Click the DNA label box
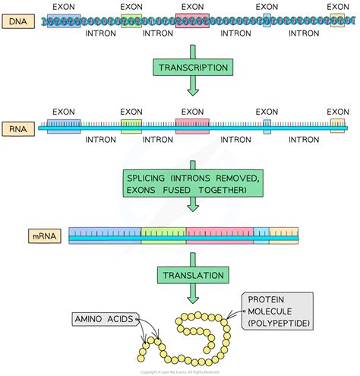pos(20,23)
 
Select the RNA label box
pos(20,129)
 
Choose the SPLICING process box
pos(192,182)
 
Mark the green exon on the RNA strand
pos(131,126)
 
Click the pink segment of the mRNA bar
pos(219,235)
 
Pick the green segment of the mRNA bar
pos(164,235)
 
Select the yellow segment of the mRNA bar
pos(284,235)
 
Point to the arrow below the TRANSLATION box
pos(192,296)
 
